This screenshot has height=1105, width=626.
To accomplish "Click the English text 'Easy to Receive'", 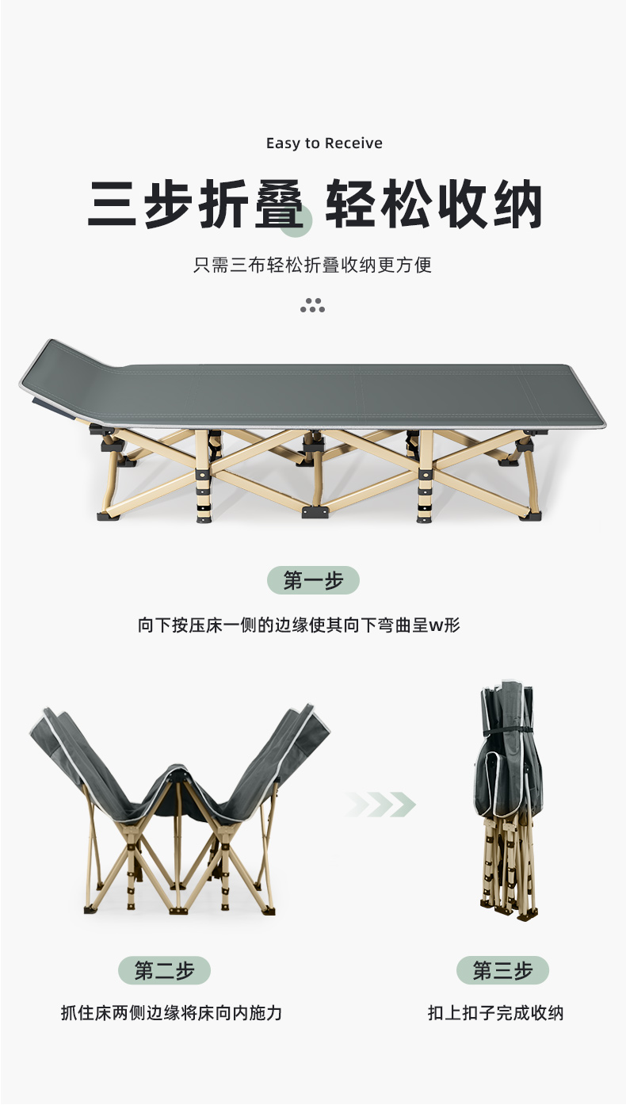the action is click(x=324, y=143).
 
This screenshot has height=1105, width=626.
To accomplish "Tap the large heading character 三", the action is click(x=112, y=204).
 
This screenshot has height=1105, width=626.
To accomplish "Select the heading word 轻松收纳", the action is click(x=434, y=205).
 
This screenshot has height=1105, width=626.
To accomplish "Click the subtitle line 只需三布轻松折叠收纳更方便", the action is click(x=312, y=265).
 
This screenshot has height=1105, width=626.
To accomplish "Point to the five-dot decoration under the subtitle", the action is click(x=313, y=305).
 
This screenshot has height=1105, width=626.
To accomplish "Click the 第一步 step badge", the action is click(x=313, y=580).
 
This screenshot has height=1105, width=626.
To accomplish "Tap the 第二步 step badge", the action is click(x=164, y=970).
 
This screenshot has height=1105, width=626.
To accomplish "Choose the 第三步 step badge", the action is click(x=502, y=969).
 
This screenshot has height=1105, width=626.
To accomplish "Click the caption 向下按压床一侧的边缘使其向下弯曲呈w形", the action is click(x=299, y=625).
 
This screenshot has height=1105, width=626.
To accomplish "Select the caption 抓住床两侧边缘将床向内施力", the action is click(x=171, y=1013).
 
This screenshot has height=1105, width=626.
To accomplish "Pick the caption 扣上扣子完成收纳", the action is click(x=496, y=1013).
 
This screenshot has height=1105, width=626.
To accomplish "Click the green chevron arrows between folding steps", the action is click(x=380, y=805).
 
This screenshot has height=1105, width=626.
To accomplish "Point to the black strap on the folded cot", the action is click(x=510, y=730).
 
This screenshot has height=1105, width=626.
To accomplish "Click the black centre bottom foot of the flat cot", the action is click(x=315, y=511).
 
